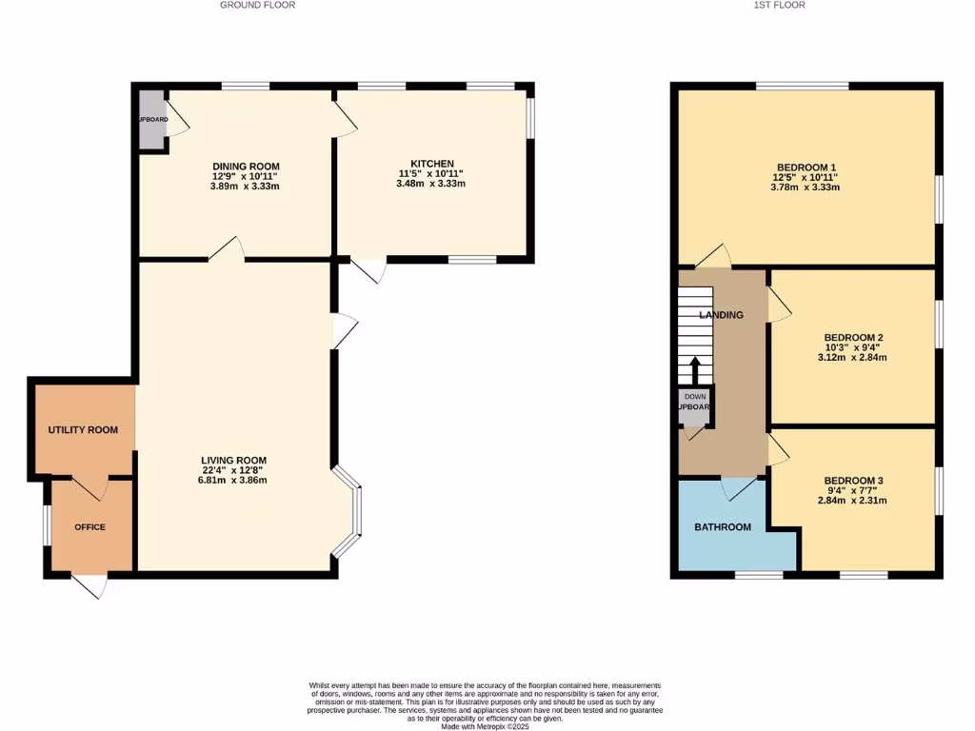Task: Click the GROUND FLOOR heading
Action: tap(257, 5)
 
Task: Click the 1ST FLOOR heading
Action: tap(779, 5)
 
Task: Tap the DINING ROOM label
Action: tap(246, 166)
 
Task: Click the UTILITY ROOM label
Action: tap(83, 430)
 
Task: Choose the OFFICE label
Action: tap(90, 527)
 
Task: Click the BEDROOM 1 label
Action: tap(805, 167)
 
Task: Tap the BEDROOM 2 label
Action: tap(853, 337)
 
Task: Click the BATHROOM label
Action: tap(722, 526)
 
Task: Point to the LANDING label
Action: tap(721, 315)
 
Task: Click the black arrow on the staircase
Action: tap(694, 368)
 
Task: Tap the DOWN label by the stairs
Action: tap(694, 396)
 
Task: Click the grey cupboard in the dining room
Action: tap(151, 120)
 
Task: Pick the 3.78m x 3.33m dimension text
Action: tap(805, 188)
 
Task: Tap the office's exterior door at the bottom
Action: tap(89, 584)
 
